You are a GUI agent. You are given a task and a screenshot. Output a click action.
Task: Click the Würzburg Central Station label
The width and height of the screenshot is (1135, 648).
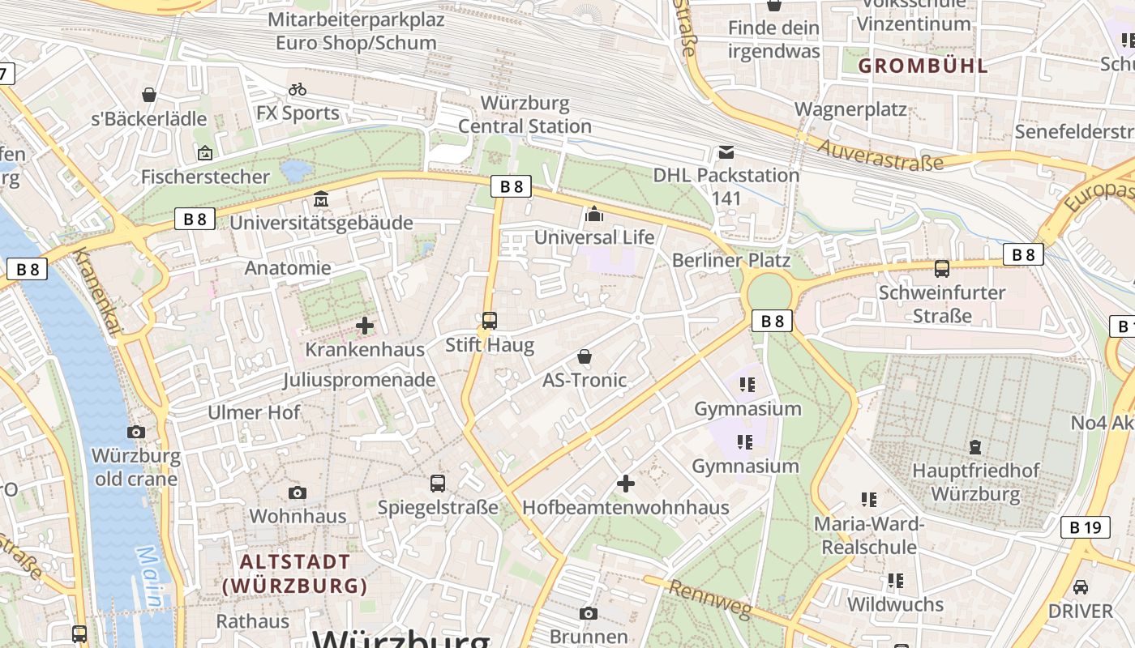[525, 115]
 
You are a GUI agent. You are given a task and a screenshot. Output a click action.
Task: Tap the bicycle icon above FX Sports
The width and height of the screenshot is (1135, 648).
[298, 89]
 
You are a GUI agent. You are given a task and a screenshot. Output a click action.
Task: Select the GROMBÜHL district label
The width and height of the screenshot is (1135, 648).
[923, 66]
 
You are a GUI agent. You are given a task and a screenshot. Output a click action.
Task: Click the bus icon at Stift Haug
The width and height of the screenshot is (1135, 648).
[489, 320]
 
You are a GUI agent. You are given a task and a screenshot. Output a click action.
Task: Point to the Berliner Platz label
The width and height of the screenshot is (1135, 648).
[730, 260]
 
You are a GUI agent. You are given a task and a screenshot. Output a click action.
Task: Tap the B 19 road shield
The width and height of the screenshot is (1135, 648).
[1085, 528]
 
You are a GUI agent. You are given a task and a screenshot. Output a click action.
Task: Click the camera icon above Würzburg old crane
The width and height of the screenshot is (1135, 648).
[136, 433]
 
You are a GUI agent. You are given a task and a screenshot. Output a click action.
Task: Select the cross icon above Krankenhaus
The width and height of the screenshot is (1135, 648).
[365, 326]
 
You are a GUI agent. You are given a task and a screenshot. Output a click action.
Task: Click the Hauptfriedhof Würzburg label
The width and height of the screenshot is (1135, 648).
[975, 482]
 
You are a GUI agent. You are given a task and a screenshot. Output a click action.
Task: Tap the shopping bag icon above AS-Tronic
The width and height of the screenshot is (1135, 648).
[584, 356]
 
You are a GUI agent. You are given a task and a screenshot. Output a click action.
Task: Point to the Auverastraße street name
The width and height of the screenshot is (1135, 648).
[880, 155]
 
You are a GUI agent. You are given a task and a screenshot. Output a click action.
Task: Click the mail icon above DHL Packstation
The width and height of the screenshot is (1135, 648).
[726, 152]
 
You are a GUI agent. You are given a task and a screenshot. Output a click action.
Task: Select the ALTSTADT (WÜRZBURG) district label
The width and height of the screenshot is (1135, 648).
[295, 573]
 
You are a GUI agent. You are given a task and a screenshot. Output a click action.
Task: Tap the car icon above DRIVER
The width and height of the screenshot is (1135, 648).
[1080, 587]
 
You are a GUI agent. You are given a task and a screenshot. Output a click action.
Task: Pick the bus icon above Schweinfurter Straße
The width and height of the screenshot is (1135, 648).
[941, 269]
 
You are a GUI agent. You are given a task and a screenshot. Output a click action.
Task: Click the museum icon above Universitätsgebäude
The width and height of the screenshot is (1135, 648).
[321, 199]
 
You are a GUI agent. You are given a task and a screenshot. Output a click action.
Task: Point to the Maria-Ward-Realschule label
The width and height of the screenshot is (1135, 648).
[869, 535]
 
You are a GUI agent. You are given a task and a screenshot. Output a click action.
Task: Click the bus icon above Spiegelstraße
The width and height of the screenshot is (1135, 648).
[438, 484]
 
